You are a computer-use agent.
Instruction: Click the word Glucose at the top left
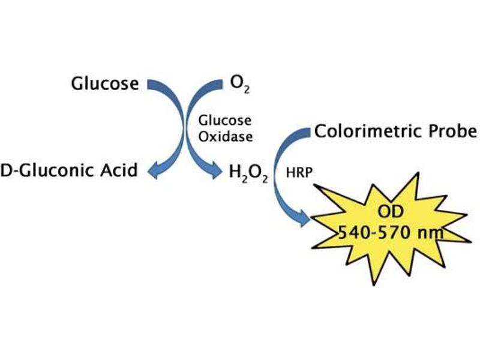click(x=104, y=83)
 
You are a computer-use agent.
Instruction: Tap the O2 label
click(x=239, y=85)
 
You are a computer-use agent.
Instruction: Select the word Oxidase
click(x=226, y=137)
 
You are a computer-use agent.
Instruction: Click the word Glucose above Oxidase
click(x=225, y=121)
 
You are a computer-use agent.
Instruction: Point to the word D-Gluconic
click(x=47, y=171)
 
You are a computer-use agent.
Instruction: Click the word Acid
click(x=119, y=170)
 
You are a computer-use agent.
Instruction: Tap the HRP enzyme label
click(x=299, y=173)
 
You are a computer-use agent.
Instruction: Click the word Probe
click(x=452, y=131)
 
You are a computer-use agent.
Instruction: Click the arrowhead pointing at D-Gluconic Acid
click(x=154, y=170)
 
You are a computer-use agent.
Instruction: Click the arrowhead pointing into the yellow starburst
click(x=305, y=218)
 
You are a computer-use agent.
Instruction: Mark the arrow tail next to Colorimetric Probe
click(x=307, y=133)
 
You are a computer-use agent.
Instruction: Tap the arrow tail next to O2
click(x=219, y=85)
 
